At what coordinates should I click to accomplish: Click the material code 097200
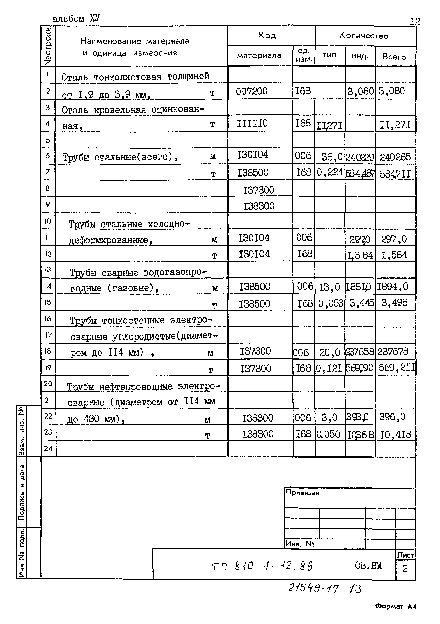click(x=251, y=91)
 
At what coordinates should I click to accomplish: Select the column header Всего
click(x=394, y=57)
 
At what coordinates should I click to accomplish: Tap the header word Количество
click(x=364, y=36)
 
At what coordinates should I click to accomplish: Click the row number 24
click(x=48, y=449)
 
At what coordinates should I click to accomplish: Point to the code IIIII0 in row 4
click(x=252, y=124)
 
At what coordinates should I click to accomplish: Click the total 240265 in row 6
click(x=395, y=157)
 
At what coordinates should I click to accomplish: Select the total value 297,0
click(x=394, y=239)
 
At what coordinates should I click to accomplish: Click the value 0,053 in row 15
click(x=331, y=303)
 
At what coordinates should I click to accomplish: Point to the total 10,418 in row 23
click(x=395, y=435)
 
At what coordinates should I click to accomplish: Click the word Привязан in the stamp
click(x=302, y=493)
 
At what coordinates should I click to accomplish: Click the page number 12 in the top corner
click(x=415, y=22)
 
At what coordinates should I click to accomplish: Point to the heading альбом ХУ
click(x=76, y=18)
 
